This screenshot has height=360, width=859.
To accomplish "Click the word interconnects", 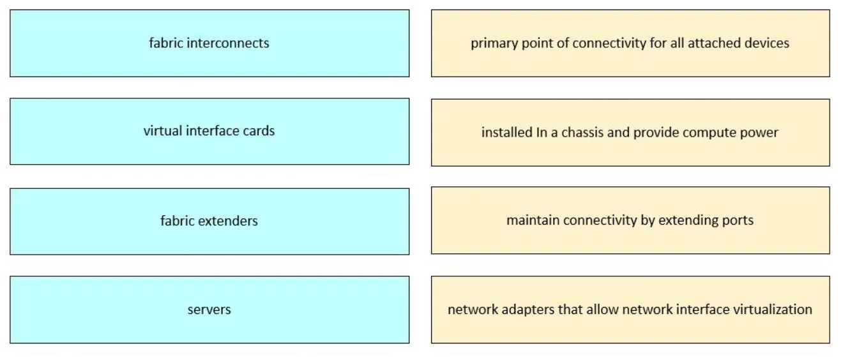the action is [228, 43].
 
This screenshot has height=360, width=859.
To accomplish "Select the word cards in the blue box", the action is [259, 131].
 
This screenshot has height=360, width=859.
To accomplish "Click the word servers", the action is [209, 310].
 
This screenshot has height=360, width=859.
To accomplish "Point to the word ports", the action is [738, 221].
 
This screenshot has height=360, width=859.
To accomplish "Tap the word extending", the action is [688, 221].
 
